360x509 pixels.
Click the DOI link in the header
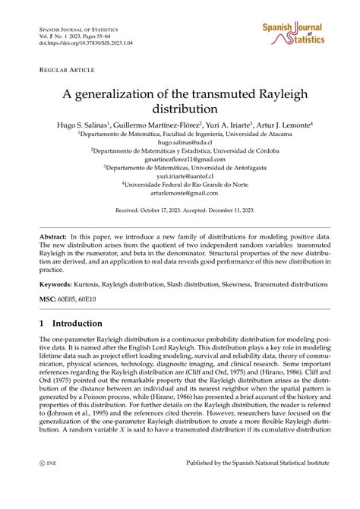[76, 45]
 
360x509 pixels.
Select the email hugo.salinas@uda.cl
[180, 142]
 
